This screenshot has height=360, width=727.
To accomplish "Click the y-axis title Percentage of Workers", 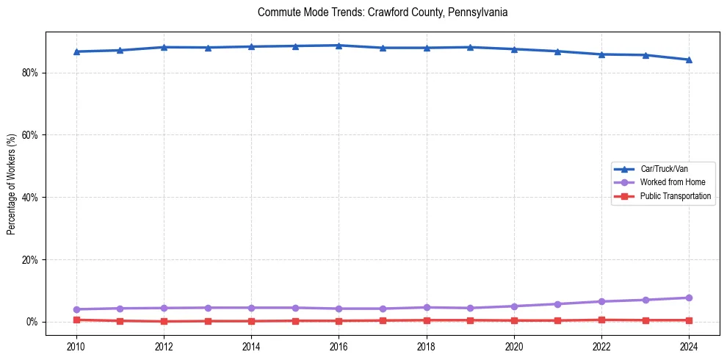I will [x=12, y=184].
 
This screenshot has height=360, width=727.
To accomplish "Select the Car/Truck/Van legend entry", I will [x=664, y=169].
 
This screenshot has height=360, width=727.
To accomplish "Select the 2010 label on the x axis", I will [x=76, y=346].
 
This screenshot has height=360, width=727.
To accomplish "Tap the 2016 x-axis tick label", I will [x=339, y=346].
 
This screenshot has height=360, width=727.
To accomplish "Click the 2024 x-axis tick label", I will [x=689, y=346].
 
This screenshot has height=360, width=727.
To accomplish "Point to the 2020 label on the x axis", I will [x=514, y=346].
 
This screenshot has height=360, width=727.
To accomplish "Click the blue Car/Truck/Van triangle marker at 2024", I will [x=689, y=60].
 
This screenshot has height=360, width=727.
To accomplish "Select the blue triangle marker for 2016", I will [x=339, y=46].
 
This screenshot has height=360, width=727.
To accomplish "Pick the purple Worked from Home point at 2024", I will [x=689, y=298].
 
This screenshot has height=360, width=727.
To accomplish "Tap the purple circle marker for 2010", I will [x=76, y=309].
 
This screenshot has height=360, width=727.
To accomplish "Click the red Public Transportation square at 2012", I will [x=164, y=321].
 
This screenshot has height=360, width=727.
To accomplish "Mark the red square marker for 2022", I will [x=601, y=320].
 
